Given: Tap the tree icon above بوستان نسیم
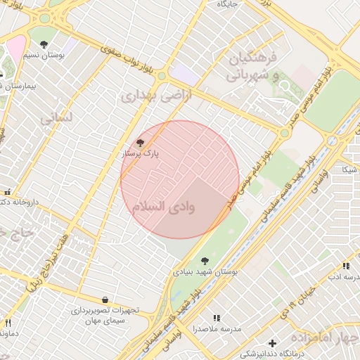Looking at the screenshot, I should point(44,44).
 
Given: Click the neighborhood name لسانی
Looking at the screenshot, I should point(56,118).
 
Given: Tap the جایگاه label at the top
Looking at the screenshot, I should point(229,4).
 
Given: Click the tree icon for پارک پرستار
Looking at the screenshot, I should point(149,143).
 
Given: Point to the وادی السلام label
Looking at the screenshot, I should point(173,207).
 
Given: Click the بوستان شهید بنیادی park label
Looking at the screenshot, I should point(205,271).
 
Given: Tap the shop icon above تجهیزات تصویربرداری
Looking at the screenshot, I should point(105,300).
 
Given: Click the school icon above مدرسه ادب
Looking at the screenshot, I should point(345,266).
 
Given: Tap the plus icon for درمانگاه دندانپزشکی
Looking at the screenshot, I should point(272,342).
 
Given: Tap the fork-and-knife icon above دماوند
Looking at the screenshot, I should point(8,323).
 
